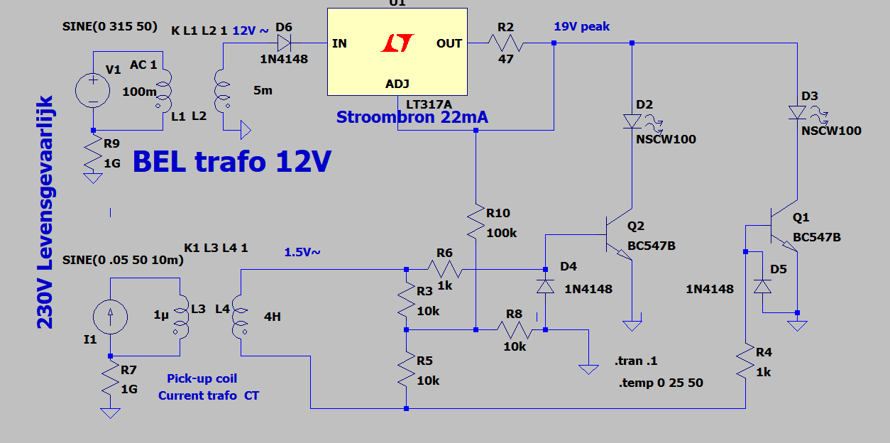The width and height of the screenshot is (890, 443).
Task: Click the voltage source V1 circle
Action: click(x=92, y=91)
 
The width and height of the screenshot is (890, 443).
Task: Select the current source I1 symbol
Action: click(x=110, y=317)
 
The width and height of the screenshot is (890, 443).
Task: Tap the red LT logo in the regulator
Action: click(x=397, y=43)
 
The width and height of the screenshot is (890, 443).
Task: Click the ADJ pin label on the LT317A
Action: click(x=397, y=84)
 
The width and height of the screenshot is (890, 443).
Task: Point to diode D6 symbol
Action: click(x=284, y=43)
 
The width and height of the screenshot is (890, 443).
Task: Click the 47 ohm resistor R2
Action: click(x=506, y=43)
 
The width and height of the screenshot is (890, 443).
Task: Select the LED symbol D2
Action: click(x=632, y=121)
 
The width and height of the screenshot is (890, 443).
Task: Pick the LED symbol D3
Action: click(x=797, y=112)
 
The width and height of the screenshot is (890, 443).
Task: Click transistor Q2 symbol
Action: click(x=618, y=234)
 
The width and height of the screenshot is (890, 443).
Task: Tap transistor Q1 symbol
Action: click(x=783, y=226)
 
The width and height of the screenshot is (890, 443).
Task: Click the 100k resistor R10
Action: click(x=476, y=221)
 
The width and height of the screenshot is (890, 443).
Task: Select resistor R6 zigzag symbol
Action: click(x=444, y=269)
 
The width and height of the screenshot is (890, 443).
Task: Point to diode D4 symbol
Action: click(x=545, y=286)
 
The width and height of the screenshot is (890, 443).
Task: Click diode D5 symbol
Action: click(x=762, y=286)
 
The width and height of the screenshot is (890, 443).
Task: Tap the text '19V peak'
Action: click(x=582, y=26)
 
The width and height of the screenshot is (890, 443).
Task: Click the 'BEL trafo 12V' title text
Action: click(x=232, y=161)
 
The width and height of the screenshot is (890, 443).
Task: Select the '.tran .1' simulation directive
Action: click(x=636, y=361)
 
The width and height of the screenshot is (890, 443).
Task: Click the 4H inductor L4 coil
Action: click(x=241, y=317)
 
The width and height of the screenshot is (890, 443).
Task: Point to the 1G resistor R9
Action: click(x=92, y=152)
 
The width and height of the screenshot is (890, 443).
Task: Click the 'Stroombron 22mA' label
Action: click(x=412, y=117)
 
